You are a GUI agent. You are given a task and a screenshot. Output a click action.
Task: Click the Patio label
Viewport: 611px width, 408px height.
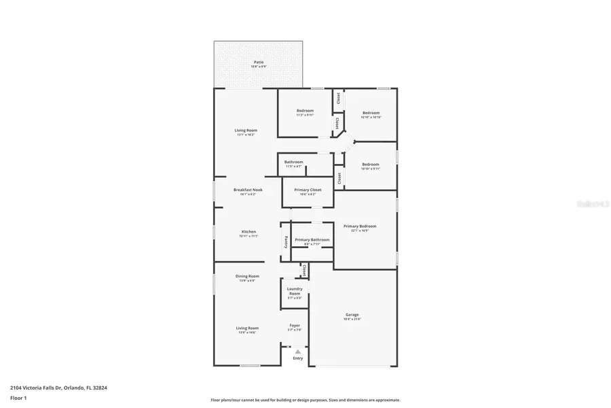(x=259, y=62)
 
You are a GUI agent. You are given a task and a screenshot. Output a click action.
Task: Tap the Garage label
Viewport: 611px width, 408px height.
(x=352, y=314)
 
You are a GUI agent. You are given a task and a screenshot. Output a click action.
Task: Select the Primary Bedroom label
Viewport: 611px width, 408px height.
(x=360, y=226)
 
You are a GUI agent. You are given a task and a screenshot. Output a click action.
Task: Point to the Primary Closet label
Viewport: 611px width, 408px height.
(x=307, y=190)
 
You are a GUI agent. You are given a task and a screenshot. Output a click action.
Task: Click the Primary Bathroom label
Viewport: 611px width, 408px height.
(x=312, y=239)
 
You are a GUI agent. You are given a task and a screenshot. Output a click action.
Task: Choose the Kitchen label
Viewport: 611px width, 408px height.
(x=248, y=232)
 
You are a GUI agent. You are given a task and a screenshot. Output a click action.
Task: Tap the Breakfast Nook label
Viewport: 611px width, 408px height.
(x=247, y=190)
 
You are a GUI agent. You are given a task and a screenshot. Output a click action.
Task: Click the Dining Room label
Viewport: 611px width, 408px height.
(x=247, y=276)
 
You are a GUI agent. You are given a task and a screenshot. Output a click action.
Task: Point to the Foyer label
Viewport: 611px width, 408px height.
(x=295, y=325)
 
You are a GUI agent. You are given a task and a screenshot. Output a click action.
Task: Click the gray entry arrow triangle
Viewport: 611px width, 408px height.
(x=297, y=351)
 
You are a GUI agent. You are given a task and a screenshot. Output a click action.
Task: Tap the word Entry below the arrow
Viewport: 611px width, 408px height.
(x=297, y=358)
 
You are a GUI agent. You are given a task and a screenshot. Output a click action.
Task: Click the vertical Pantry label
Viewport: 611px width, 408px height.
(x=286, y=242)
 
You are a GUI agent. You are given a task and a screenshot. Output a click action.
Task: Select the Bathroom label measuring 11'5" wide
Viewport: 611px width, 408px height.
(x=293, y=162)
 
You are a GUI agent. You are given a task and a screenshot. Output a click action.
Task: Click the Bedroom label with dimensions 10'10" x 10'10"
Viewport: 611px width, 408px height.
(x=371, y=113)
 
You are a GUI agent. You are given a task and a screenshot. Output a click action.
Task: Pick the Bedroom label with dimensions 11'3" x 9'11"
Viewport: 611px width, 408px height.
(x=305, y=110)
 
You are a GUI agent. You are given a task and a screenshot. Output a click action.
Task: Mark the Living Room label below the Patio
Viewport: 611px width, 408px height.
(x=246, y=130)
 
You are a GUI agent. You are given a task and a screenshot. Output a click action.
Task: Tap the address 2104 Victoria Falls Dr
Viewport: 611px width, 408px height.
(x=38, y=388)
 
